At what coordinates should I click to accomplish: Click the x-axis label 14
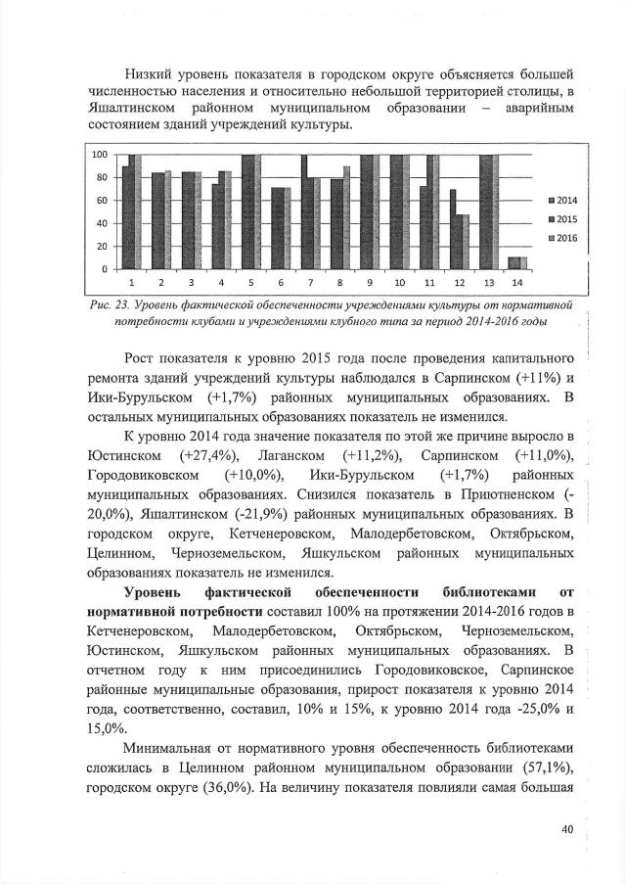click(517, 280)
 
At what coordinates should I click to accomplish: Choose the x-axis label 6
click(280, 280)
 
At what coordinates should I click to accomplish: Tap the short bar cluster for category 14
click(517, 262)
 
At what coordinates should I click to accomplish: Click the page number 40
click(565, 829)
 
